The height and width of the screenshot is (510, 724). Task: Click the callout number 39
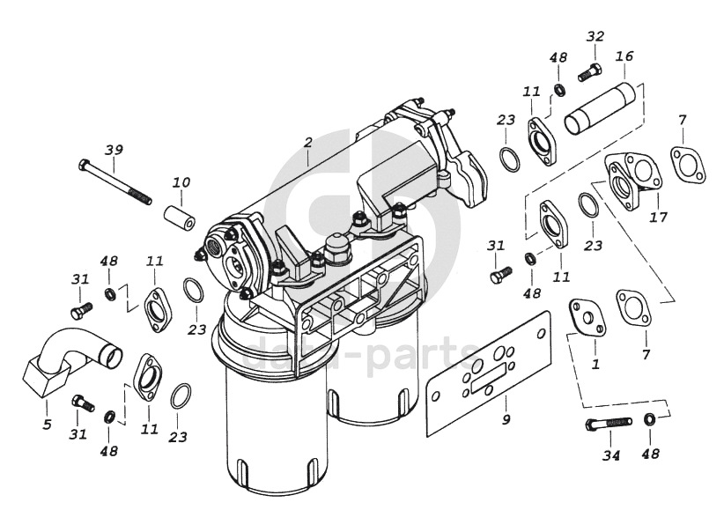pos(114,149)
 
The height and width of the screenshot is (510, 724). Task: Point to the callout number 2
pos(307,141)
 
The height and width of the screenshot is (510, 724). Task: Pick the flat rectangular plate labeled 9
pos(489,373)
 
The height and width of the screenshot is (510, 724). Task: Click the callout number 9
pos(506,419)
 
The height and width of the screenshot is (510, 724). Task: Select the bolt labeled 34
pos(608,424)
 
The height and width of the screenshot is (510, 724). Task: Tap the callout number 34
pos(611,455)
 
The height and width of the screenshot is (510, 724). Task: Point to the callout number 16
pos(624,57)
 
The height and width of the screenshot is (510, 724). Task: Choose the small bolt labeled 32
pos(589,73)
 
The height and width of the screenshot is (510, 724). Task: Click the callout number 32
pos(595,36)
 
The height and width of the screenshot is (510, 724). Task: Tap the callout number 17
pos(658,218)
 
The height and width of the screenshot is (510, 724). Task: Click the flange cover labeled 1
pos(586,318)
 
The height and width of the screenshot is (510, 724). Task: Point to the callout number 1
pos(595,363)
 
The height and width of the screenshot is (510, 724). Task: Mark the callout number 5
pos(47,425)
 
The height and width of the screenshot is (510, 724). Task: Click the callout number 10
pos(181,182)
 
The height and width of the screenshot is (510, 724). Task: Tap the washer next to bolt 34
pos(650,419)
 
